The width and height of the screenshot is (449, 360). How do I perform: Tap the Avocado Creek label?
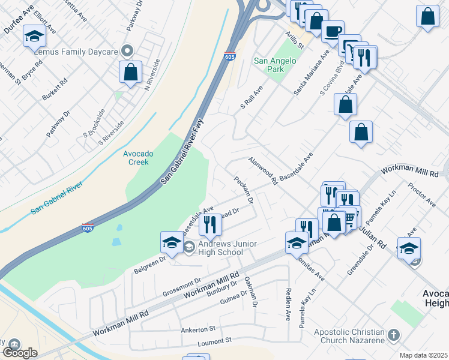tap(139, 158)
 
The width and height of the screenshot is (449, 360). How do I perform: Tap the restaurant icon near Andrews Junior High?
tap(210, 224)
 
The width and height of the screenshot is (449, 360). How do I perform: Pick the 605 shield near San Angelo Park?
tap(230, 56)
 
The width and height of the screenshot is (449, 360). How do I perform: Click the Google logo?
tap(20, 352)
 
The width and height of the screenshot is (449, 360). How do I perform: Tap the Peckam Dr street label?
tap(244, 189)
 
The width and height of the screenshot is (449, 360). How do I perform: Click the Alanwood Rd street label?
tap(263, 170)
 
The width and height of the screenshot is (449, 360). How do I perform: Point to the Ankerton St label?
tap(198, 329)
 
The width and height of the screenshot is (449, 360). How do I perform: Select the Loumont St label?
tap(214, 340)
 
